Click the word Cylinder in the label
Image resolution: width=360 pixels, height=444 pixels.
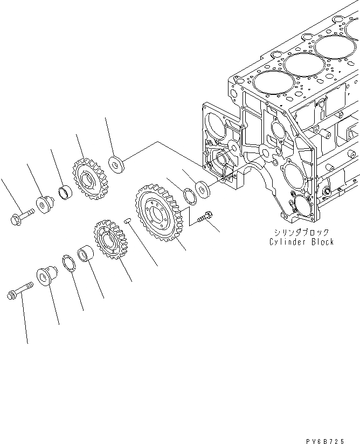pyautogui.click(x=288, y=242)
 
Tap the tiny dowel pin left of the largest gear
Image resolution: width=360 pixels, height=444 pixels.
pyautogui.click(x=127, y=219)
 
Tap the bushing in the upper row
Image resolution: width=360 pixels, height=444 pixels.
pyautogui.click(x=65, y=191)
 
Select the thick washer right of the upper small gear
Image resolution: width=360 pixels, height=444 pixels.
pyautogui.click(x=116, y=164)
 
